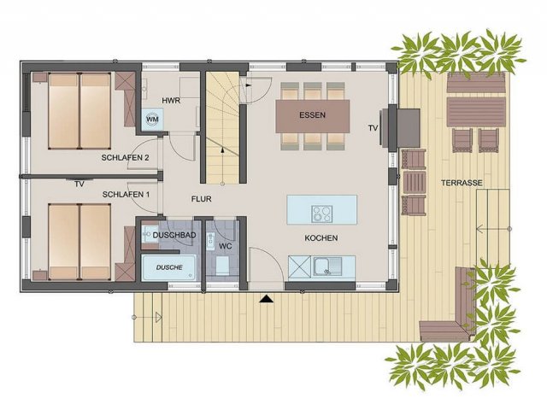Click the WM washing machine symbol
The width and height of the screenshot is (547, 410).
pyautogui.click(x=152, y=119)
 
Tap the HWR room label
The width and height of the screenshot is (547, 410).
pyautogui.click(x=171, y=101)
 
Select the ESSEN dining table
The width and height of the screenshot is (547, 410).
pyautogui.click(x=313, y=116)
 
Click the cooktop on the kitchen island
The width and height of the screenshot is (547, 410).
pyautogui.click(x=322, y=214)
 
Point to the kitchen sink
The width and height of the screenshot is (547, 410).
pyautogui.click(x=327, y=266)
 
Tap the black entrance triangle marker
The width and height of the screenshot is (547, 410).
pyautogui.click(x=266, y=298)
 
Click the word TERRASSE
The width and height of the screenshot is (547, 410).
pyautogui.click(x=462, y=183)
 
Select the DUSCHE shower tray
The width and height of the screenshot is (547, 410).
pyautogui.click(x=169, y=267)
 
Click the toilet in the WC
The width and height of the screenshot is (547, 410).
pyautogui.click(x=222, y=266)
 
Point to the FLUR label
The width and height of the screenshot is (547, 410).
pyautogui.click(x=202, y=199)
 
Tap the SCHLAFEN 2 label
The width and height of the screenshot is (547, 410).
pyautogui.click(x=126, y=157)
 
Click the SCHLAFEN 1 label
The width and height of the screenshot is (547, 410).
pyautogui.click(x=126, y=194)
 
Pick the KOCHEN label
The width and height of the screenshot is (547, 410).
pyautogui.click(x=321, y=238)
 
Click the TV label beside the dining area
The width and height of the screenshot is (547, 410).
pyautogui.click(x=373, y=128)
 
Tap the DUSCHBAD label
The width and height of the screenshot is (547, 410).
pyautogui.click(x=174, y=236)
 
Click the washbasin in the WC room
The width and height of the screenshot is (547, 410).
pyautogui.click(x=210, y=241)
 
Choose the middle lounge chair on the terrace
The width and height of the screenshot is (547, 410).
pyautogui.click(x=414, y=182)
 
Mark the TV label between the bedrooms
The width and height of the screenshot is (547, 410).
pyautogui.click(x=79, y=184)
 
